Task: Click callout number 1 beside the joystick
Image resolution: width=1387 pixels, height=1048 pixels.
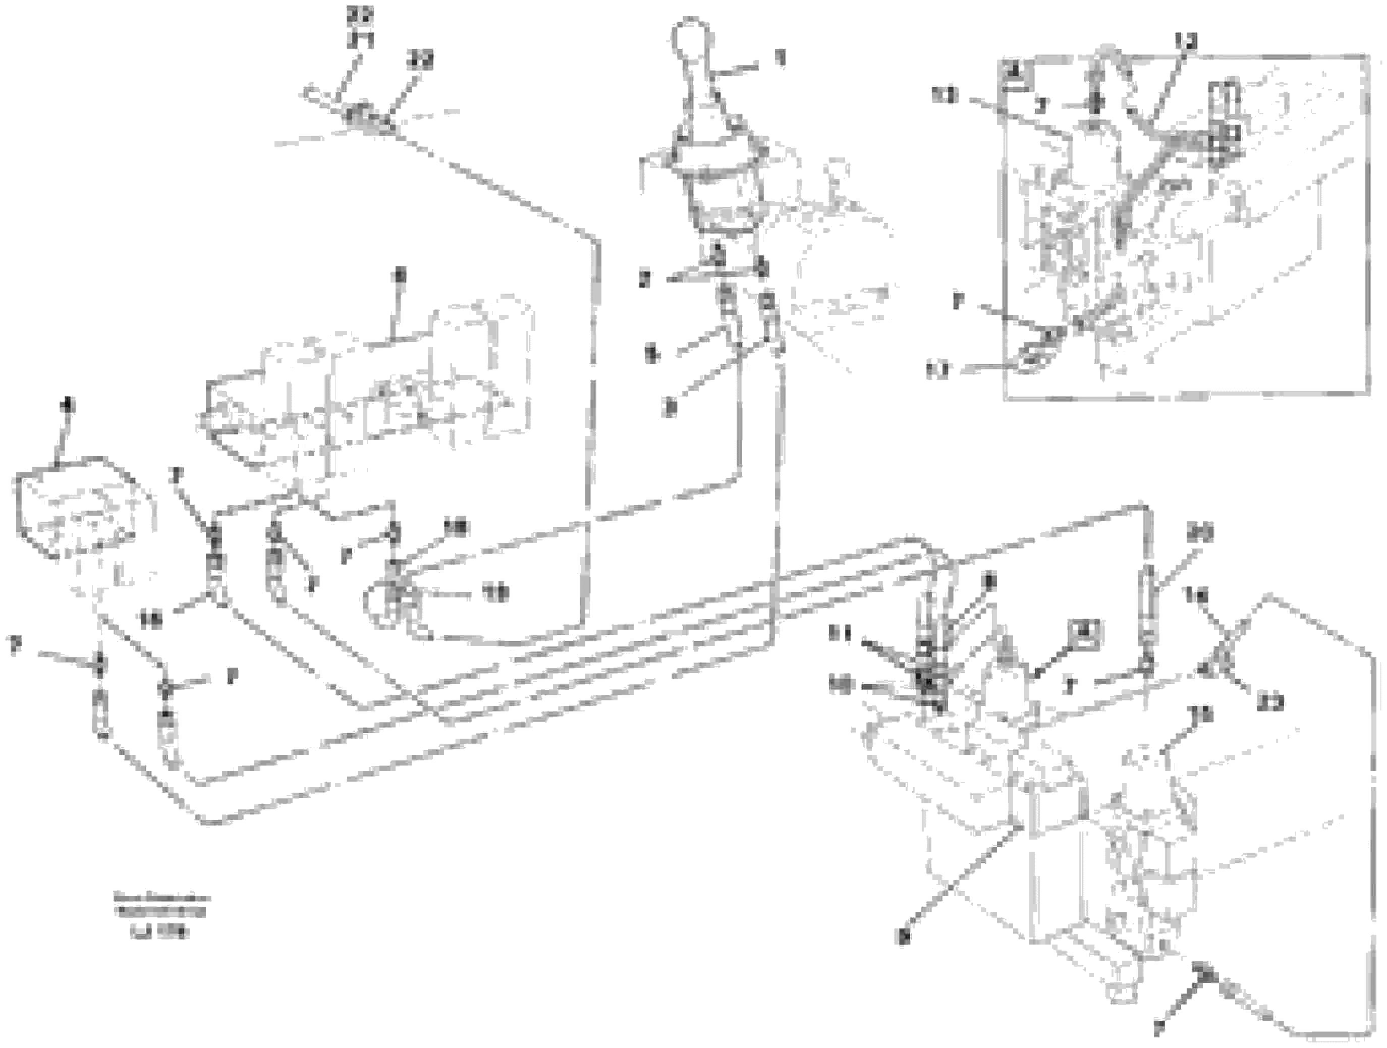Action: click(x=780, y=60)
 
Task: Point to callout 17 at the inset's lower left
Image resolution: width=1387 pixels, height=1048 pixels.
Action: click(x=938, y=371)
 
